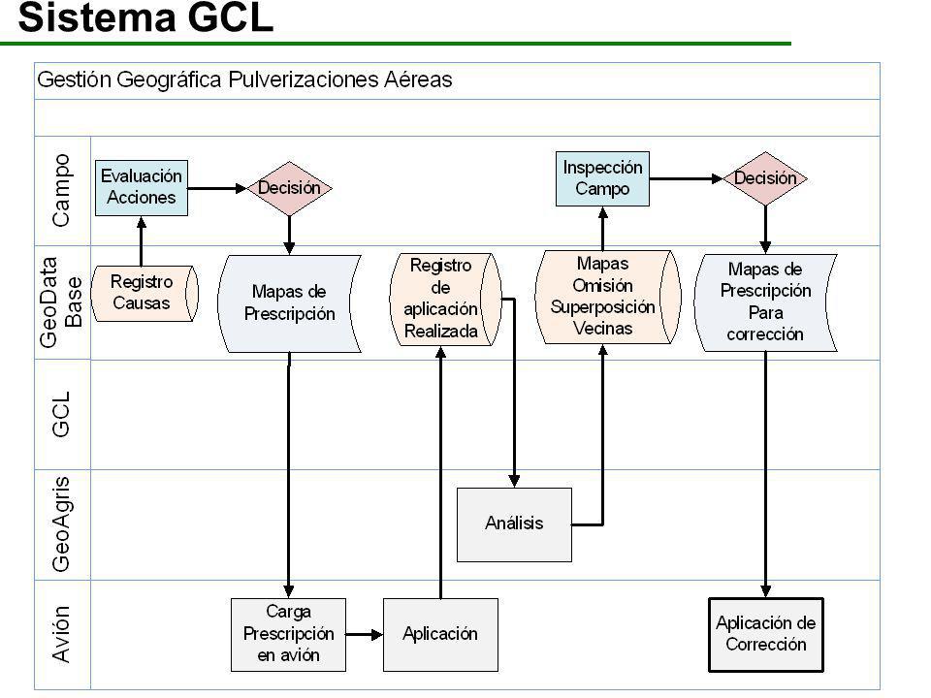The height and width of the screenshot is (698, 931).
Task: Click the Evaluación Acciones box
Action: point(142,187)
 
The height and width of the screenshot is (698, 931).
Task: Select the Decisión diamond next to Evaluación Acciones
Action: point(289,188)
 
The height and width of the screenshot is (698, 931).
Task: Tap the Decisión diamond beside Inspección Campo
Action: point(765,178)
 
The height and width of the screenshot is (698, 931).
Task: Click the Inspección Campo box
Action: point(602,178)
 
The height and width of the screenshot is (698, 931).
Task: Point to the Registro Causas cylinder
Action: point(144,293)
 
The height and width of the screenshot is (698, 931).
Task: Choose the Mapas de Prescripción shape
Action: point(290,303)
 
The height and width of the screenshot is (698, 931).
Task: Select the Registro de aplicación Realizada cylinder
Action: point(445,300)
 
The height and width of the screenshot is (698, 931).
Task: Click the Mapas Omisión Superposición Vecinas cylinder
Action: point(607,297)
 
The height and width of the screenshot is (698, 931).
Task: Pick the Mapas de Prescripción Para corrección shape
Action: point(765,302)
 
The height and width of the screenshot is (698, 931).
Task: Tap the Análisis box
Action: point(514,524)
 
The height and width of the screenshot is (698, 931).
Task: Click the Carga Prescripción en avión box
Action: point(289,634)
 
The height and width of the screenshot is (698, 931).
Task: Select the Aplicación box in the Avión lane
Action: point(440,634)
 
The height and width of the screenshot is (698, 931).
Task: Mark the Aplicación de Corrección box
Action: point(766,634)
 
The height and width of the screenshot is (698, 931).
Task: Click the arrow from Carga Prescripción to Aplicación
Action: point(365,634)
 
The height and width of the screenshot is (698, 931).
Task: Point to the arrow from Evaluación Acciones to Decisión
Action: point(217,188)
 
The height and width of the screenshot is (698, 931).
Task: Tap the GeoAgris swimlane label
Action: point(61,524)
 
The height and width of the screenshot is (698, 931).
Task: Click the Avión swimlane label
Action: point(61,634)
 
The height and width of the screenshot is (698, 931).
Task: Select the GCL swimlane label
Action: point(61,414)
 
